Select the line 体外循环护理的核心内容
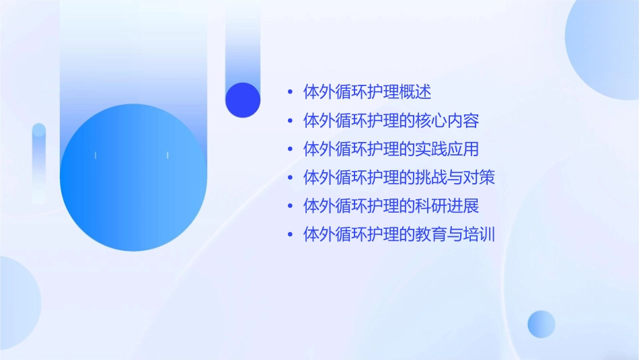click(391, 121)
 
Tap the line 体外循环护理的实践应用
click(391, 149)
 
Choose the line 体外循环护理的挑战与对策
click(399, 178)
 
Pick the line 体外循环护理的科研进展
click(391, 206)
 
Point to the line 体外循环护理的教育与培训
click(399, 234)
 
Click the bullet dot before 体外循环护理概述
click(290, 92)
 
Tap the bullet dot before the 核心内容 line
click(290, 121)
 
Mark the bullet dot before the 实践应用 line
click(290, 149)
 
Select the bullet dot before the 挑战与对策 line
click(290, 178)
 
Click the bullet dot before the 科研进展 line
click(290, 206)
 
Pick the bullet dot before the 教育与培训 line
click(290, 234)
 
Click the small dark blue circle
click(243, 100)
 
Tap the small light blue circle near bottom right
click(541, 324)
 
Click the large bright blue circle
click(133, 178)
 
